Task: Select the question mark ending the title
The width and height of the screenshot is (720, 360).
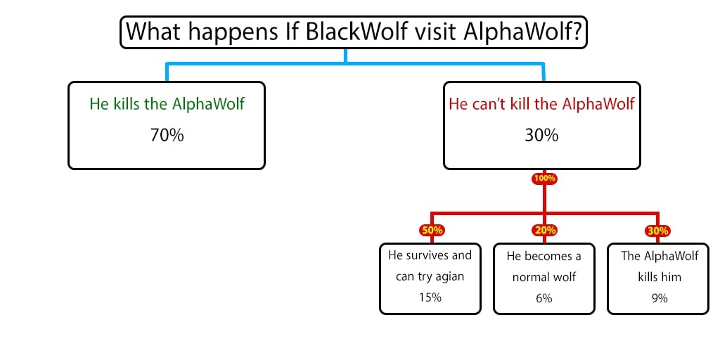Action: [577, 32]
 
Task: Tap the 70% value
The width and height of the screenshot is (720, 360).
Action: [167, 135]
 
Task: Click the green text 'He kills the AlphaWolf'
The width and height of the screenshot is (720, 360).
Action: [167, 104]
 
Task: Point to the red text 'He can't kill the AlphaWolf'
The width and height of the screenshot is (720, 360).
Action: [541, 104]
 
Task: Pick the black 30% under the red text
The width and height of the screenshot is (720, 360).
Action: [541, 135]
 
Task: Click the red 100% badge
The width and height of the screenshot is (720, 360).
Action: [544, 179]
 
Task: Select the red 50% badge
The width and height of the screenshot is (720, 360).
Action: [431, 230]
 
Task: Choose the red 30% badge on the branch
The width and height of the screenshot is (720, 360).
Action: [658, 230]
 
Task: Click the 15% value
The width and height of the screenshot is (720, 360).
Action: [430, 297]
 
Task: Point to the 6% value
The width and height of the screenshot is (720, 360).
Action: [544, 298]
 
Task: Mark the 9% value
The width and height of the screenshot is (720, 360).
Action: [659, 298]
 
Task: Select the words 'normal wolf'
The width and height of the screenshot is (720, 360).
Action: [544, 277]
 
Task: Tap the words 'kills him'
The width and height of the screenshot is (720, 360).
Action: [659, 277]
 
